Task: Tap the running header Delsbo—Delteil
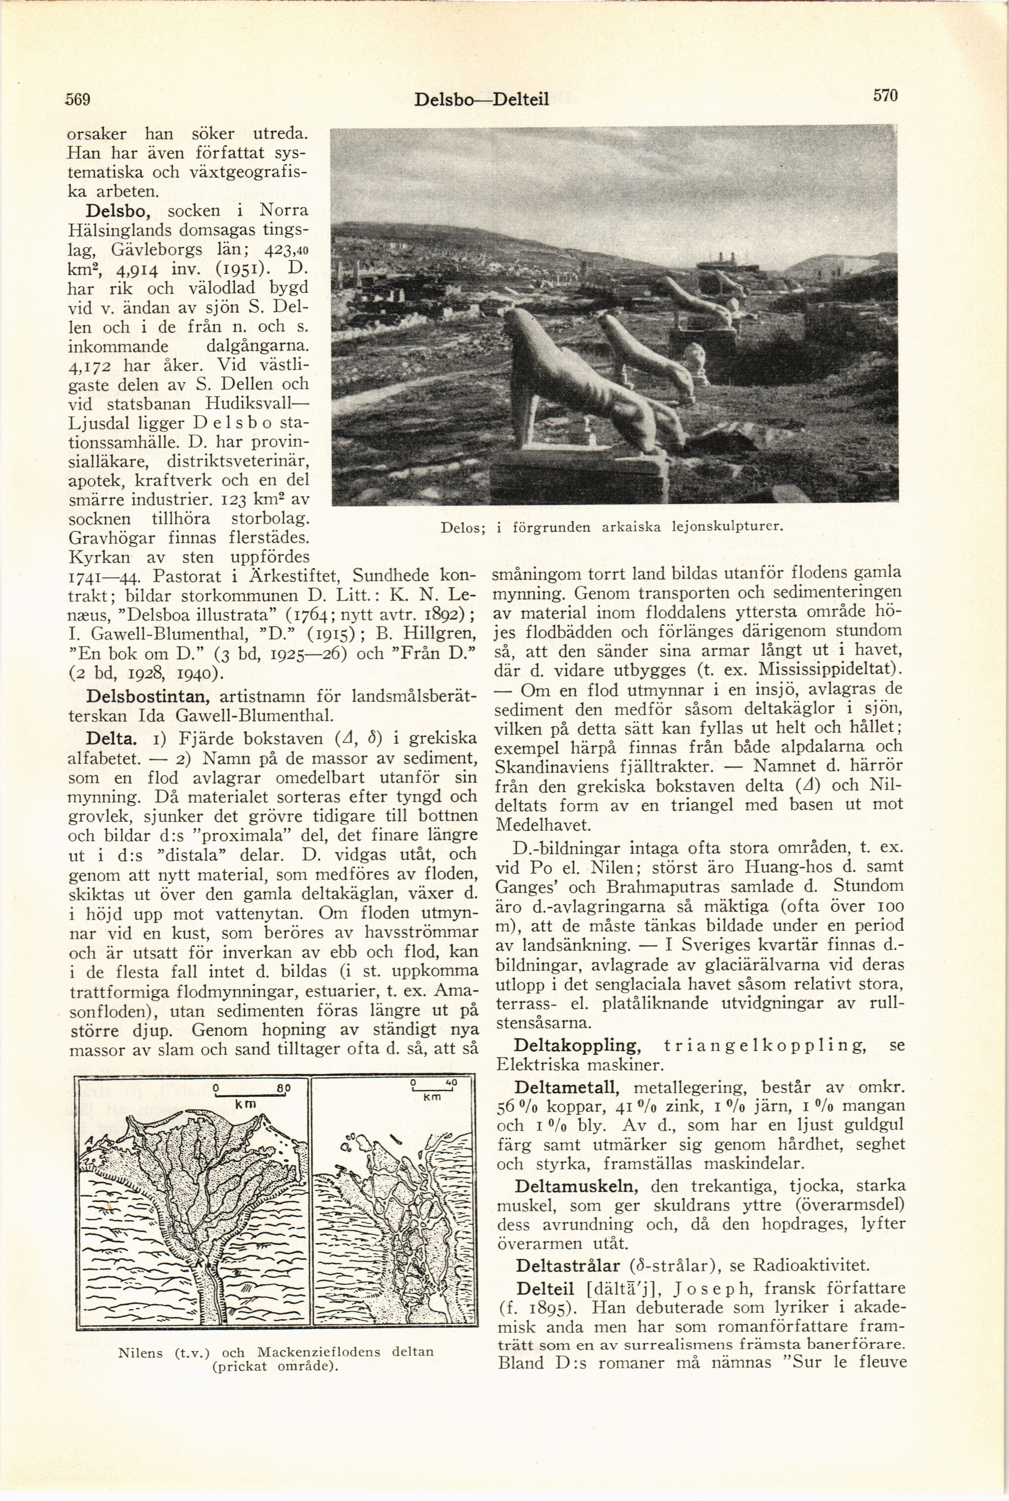click(481, 99)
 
